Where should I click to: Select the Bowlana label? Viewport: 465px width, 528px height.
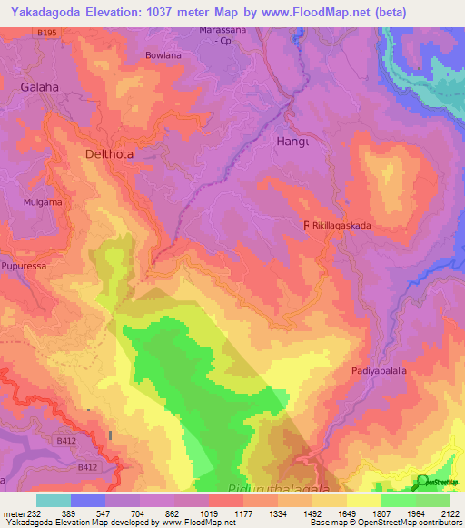tap(164, 55)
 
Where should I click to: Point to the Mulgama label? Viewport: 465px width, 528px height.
tap(44, 203)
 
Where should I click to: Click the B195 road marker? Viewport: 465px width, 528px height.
tap(47, 33)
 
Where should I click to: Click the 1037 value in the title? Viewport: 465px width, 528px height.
tap(176, 12)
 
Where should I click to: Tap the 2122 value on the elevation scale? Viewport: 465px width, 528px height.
tap(449, 513)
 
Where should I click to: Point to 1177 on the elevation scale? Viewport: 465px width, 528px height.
tap(242, 513)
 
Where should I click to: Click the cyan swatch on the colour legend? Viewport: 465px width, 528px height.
tap(54, 500)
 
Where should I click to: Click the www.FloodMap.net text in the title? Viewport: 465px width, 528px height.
tap(312, 12)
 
